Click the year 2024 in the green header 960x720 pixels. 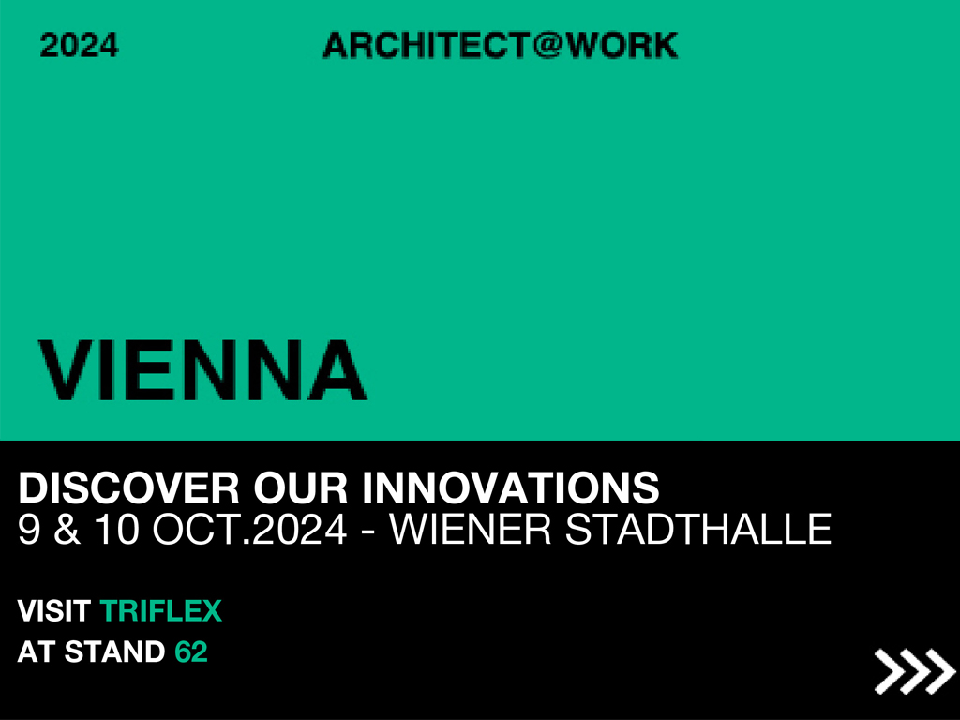(79, 45)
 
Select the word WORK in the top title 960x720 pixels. (622, 45)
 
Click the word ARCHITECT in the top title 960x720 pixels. (426, 45)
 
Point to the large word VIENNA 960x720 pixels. (202, 370)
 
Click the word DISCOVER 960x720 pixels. (128, 487)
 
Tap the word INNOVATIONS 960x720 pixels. (511, 487)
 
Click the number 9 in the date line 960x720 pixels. (29, 529)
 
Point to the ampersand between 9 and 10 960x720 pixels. (67, 529)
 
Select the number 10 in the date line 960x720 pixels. (116, 529)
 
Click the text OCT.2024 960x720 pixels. (249, 529)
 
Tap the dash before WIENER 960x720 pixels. (367, 532)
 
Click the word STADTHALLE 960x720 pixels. (697, 529)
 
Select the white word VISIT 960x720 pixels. (53, 611)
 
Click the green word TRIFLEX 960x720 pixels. (160, 611)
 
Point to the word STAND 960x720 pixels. (114, 652)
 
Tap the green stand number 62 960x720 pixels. (191, 652)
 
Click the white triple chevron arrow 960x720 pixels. (914, 671)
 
